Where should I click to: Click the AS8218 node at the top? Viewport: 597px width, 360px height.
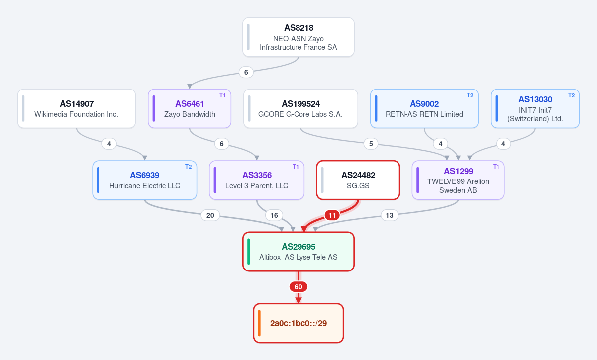click(298, 37)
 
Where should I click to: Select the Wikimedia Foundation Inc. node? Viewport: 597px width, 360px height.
click(77, 108)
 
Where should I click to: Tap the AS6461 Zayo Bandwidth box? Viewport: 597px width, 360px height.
click(190, 108)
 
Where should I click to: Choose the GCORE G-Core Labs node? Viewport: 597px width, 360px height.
click(300, 108)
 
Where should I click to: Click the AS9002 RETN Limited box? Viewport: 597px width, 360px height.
click(424, 108)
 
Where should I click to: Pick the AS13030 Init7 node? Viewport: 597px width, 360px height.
click(535, 108)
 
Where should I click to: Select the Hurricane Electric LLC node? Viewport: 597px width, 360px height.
click(145, 180)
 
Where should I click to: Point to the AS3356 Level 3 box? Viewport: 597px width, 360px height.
click(257, 180)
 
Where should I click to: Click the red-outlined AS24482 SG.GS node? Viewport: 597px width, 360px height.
click(358, 180)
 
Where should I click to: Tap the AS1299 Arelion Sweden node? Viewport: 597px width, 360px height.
click(458, 180)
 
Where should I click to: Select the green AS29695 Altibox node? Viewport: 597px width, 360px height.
click(298, 252)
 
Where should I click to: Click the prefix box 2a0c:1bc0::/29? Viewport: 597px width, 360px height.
click(298, 323)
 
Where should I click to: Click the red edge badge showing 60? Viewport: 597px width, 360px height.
click(298, 287)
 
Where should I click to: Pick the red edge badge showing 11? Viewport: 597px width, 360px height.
click(332, 215)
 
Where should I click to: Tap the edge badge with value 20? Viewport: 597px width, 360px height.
click(210, 215)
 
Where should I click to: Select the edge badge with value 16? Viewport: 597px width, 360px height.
click(274, 215)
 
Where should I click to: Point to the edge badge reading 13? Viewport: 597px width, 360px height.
click(390, 215)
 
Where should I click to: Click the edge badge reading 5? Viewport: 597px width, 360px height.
click(371, 144)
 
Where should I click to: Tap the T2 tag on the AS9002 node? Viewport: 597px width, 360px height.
click(470, 95)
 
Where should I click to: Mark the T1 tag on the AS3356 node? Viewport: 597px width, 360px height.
click(296, 167)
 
